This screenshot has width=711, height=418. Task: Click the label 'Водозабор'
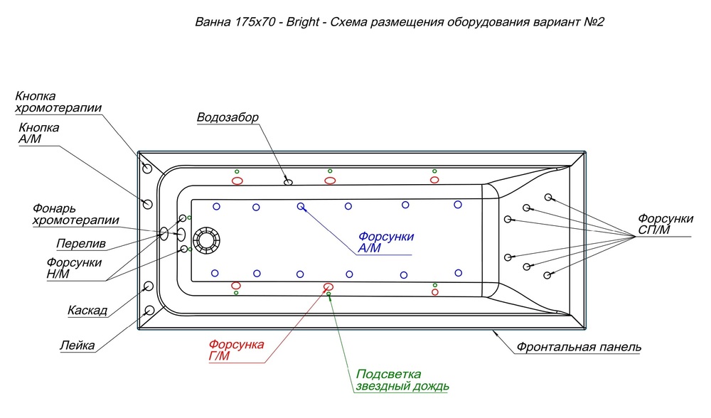(x=228, y=117)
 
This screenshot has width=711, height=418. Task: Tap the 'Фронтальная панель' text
(x=579, y=348)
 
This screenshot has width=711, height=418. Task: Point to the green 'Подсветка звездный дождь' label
(x=402, y=380)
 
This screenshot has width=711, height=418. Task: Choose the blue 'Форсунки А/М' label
(x=385, y=242)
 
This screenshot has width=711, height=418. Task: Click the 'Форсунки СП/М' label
(x=665, y=225)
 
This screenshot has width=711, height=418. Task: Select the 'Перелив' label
(x=81, y=244)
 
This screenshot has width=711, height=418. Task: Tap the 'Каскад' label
(x=87, y=311)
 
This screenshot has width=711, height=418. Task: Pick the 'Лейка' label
(x=77, y=346)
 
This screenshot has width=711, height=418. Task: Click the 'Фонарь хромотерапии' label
(x=75, y=214)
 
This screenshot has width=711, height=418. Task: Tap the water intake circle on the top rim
(x=288, y=182)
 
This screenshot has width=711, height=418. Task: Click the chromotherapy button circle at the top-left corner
(x=146, y=168)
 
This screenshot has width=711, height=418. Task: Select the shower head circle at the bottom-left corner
(x=149, y=311)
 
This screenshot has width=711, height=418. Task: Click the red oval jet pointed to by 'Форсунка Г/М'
(x=328, y=286)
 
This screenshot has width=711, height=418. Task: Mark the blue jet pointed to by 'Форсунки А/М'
(x=301, y=207)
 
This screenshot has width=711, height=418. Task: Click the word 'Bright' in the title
(x=303, y=22)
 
